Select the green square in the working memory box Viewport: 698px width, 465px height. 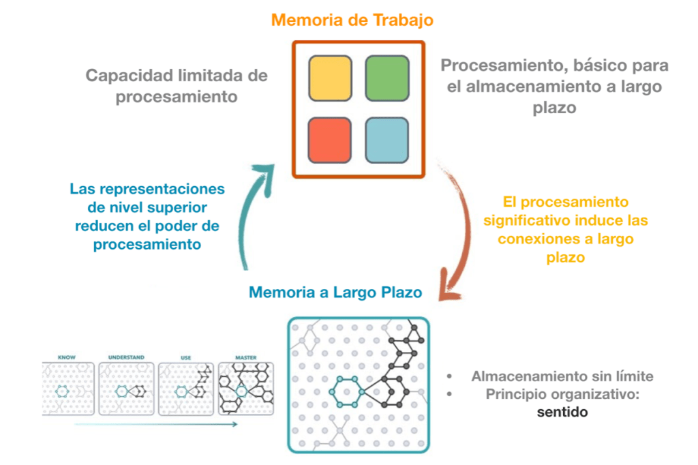tap(386, 78)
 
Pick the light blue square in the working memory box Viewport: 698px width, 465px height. tap(386, 139)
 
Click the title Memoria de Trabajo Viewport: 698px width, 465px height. tap(352, 20)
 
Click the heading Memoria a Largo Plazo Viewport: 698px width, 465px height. tap(335, 292)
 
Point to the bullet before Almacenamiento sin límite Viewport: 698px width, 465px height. tap(449, 376)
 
